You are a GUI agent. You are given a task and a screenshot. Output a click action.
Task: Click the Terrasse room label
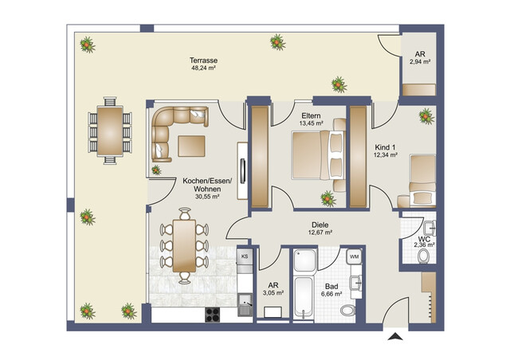click(x=204, y=60)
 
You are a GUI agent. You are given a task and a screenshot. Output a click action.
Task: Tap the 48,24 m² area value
click(x=204, y=68)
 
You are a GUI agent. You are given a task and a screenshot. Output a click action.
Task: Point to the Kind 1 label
click(x=386, y=147)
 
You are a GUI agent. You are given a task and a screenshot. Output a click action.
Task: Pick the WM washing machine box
click(x=354, y=256)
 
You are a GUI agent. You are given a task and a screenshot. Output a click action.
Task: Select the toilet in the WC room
click(x=424, y=256)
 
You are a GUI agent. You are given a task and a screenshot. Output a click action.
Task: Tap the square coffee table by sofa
click(x=192, y=147)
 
